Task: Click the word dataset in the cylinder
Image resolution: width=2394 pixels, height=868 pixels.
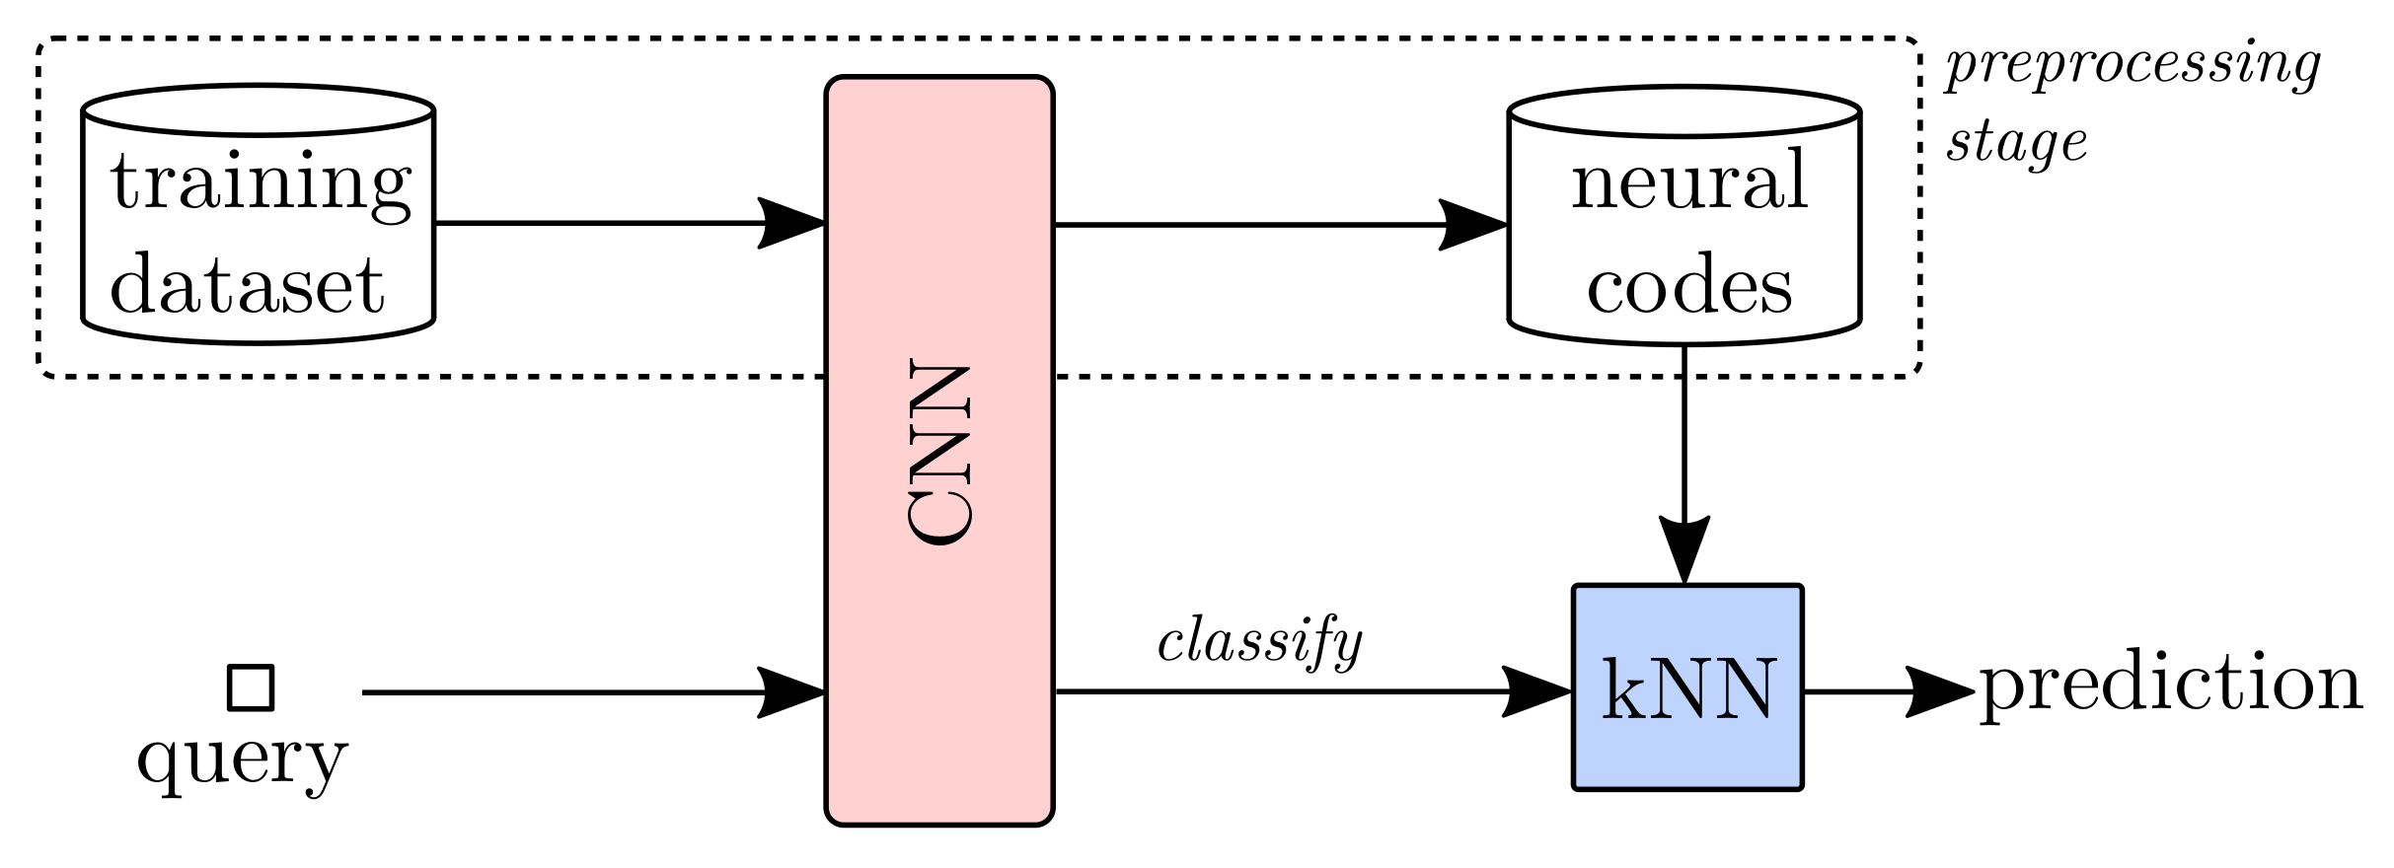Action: [x=247, y=286]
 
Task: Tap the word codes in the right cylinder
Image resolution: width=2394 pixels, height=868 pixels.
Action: [x=1688, y=287]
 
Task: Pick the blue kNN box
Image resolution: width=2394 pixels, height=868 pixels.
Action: [x=1687, y=687]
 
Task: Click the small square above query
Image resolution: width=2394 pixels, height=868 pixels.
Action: [x=251, y=687]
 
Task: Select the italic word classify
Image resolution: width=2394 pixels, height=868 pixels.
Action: [x=1259, y=643]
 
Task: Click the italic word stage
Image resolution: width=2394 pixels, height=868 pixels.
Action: [x=2016, y=144]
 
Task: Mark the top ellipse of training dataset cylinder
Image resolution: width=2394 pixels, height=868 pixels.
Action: [x=259, y=109]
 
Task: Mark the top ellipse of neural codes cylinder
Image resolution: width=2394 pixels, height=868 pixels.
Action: [x=1684, y=110]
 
